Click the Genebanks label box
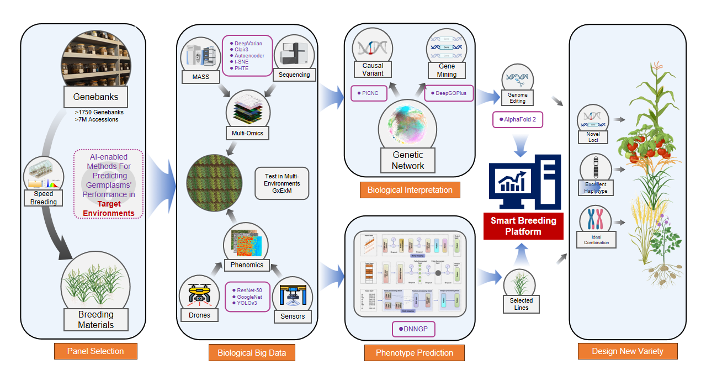(95, 98)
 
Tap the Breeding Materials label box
(95, 320)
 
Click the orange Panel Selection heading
(95, 351)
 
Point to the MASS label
(201, 77)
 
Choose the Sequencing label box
(294, 75)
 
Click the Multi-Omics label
(247, 133)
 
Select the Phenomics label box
(247, 265)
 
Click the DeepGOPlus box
(448, 93)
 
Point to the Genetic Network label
(408, 161)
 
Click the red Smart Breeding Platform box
(523, 226)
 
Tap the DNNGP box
(413, 330)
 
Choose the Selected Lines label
(521, 304)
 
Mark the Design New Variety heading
(627, 351)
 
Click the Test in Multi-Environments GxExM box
(282, 183)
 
